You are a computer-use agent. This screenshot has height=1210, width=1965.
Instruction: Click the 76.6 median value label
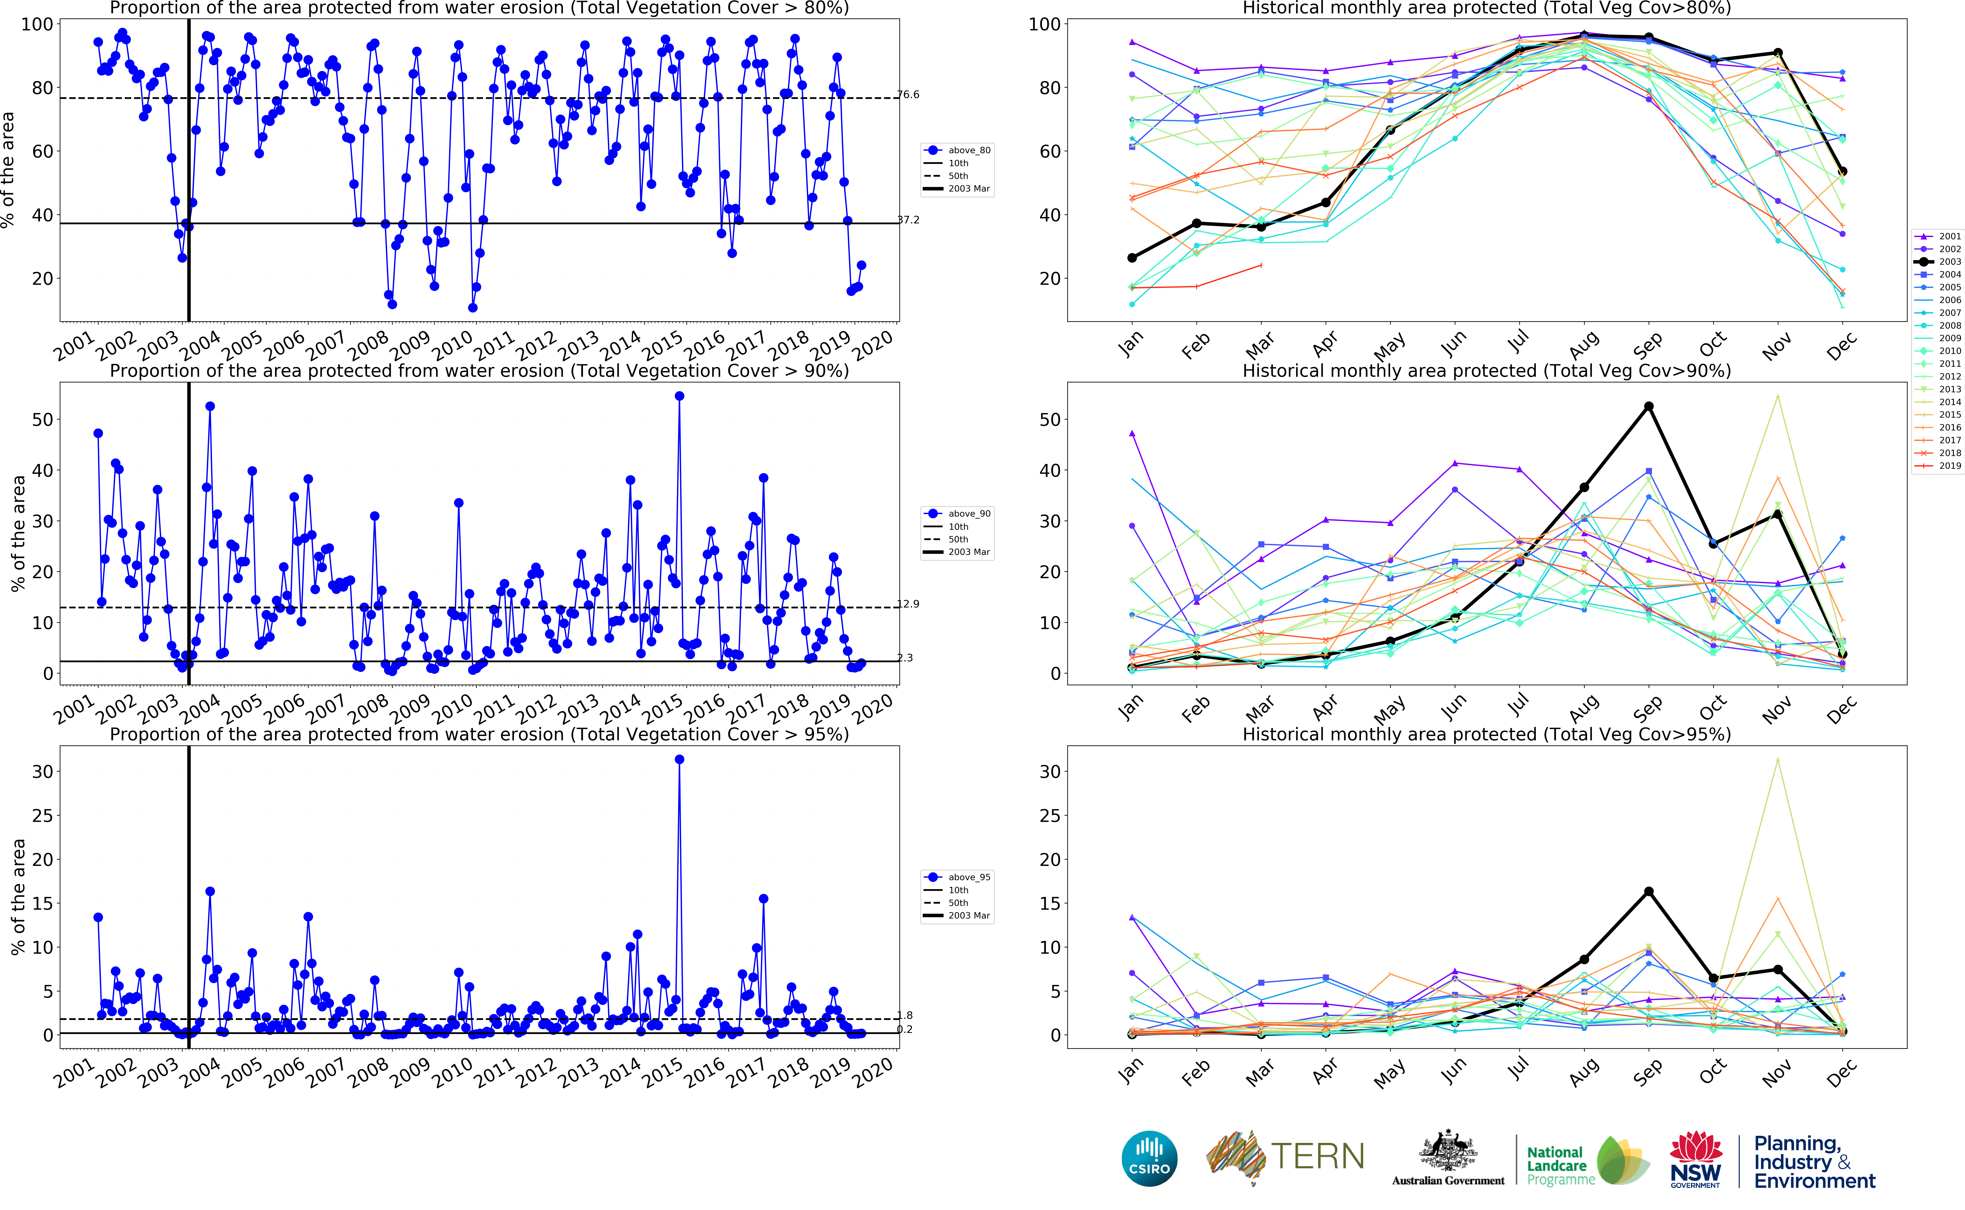(x=908, y=95)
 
